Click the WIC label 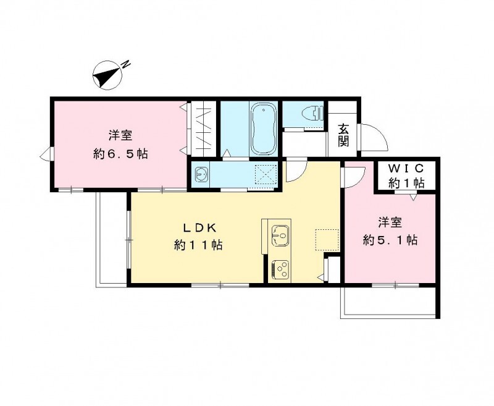pos(406,169)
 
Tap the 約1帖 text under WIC pos(406,182)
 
